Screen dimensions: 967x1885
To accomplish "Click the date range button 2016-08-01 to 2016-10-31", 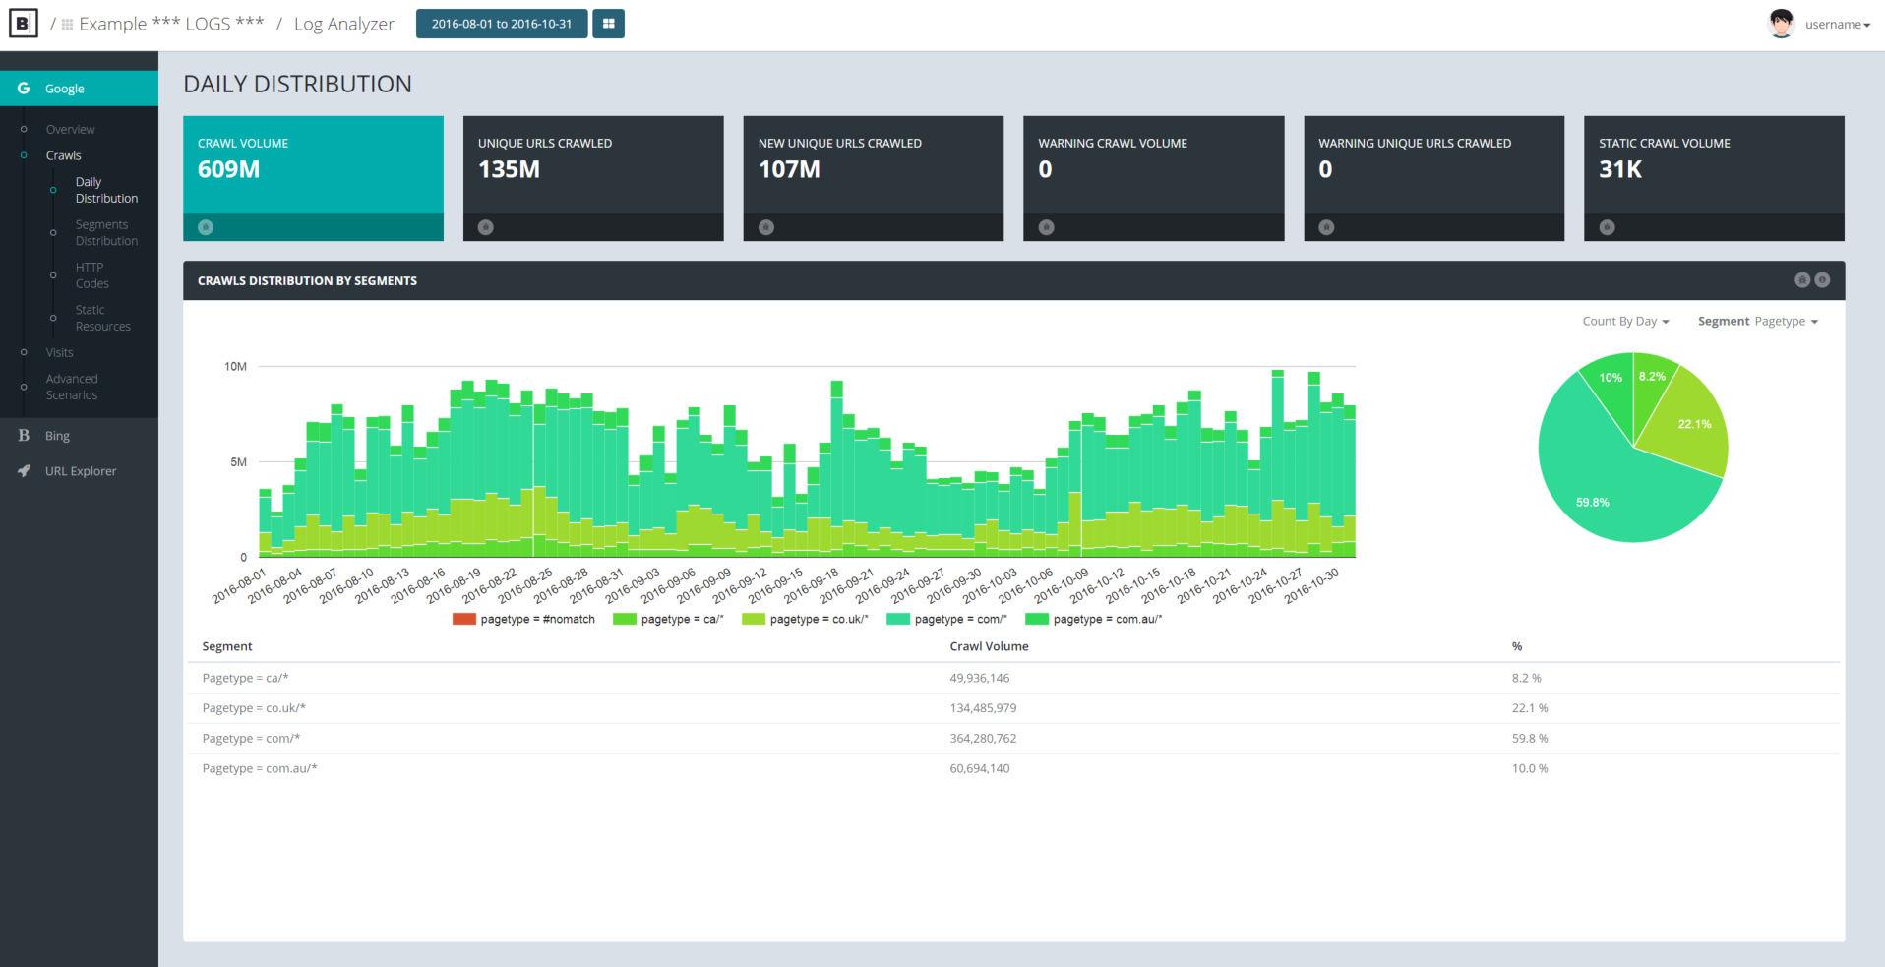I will coord(501,24).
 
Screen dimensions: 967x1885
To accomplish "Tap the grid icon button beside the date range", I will coord(608,24).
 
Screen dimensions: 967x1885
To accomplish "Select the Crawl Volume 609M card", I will coord(313,167).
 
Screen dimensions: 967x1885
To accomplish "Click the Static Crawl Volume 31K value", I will coord(1619,169).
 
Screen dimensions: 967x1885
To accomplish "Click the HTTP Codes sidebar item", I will coord(91,275).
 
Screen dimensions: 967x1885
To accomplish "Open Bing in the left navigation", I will coord(57,436).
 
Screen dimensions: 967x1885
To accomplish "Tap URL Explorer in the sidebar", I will coord(80,471).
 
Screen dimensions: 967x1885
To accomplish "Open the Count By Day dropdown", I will coord(1625,322).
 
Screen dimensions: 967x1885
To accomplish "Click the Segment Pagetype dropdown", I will coord(1757,322).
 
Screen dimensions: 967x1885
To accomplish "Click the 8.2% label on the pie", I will coord(1652,377).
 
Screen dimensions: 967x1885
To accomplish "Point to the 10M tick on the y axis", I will coord(235,367).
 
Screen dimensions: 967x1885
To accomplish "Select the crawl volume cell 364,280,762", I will coord(983,739).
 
